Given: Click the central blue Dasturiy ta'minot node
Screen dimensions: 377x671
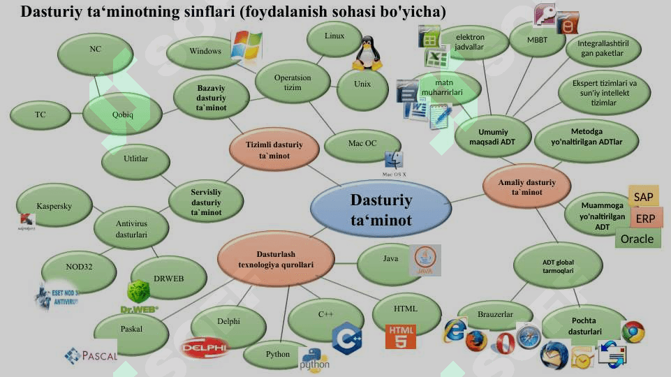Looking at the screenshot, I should click(x=381, y=210).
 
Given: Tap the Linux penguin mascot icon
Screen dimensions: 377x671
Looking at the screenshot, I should click(x=367, y=54).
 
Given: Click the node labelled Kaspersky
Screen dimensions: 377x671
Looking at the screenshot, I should click(x=54, y=206).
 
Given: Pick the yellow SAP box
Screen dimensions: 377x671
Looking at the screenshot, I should click(x=643, y=198).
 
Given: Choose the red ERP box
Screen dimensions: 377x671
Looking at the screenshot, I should click(x=645, y=218).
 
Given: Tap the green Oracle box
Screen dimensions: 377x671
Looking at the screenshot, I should click(x=637, y=239).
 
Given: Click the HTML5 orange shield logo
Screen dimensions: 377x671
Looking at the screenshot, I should click(x=401, y=336).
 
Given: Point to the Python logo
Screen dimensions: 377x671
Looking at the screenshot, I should click(x=314, y=358).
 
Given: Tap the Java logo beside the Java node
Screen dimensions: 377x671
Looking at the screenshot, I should click(x=425, y=260).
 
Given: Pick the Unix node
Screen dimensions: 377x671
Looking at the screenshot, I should click(x=362, y=84).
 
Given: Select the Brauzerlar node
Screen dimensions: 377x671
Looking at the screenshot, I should click(x=495, y=315).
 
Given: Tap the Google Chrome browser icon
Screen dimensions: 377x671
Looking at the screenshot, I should click(x=633, y=332).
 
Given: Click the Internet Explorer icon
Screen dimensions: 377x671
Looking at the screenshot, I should click(x=455, y=330).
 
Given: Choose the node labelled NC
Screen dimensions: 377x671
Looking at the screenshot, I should click(x=95, y=50).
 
